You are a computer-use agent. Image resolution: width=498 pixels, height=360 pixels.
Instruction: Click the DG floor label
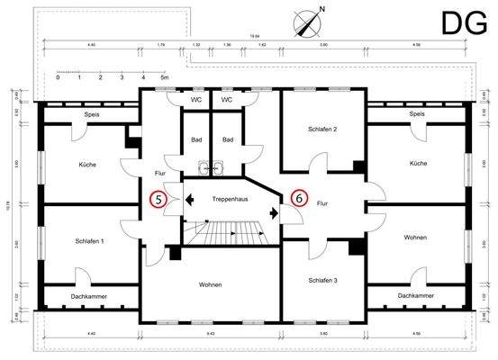(x=464, y=23)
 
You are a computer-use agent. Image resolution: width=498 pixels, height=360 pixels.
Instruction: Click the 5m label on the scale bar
(x=164, y=78)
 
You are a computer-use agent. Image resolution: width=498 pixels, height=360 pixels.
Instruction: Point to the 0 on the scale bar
(x=58, y=78)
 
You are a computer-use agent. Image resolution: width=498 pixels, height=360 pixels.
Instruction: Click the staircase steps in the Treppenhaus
(x=230, y=235)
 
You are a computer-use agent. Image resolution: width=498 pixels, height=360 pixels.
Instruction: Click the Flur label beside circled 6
(x=322, y=204)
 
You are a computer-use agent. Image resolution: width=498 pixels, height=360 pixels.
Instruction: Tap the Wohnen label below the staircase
(x=213, y=285)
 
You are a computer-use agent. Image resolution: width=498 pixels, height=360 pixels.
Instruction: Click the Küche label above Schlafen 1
(x=87, y=164)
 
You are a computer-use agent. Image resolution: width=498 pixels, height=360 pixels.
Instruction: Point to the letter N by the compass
(x=321, y=10)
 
